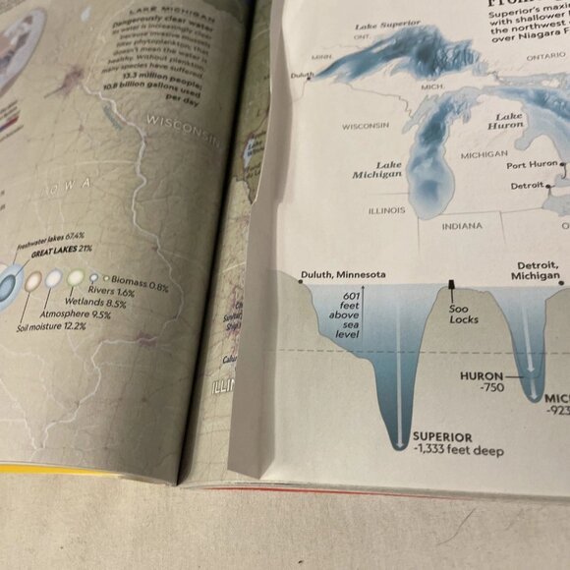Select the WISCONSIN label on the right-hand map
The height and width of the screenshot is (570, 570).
tap(366, 125)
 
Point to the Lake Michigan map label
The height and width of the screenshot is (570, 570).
tap(377, 169)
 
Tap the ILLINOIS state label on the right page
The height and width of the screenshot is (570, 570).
tap(386, 209)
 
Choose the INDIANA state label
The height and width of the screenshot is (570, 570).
tap(461, 225)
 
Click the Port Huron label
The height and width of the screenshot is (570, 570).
tap(532, 164)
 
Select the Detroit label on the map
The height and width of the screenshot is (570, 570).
tap(526, 186)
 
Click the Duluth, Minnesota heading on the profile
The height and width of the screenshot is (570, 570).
tap(343, 275)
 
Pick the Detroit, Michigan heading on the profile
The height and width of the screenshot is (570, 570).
tap(537, 271)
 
